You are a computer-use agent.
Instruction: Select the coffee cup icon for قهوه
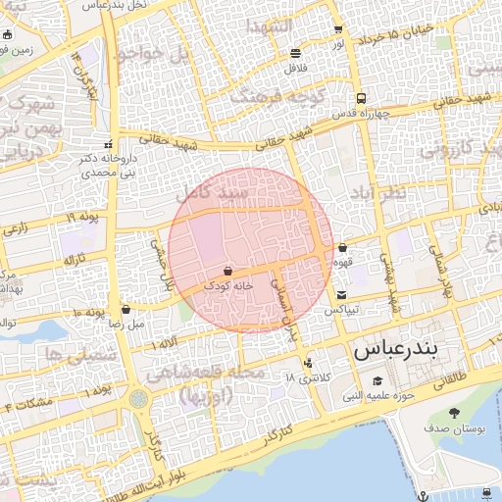click(342, 248)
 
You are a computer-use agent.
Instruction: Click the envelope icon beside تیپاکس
click(340, 294)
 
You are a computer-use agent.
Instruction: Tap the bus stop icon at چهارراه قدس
click(362, 98)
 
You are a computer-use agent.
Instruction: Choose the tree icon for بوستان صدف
click(453, 413)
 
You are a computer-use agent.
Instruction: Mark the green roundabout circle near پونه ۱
click(138, 399)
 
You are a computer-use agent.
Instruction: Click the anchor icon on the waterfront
click(423, 495)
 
